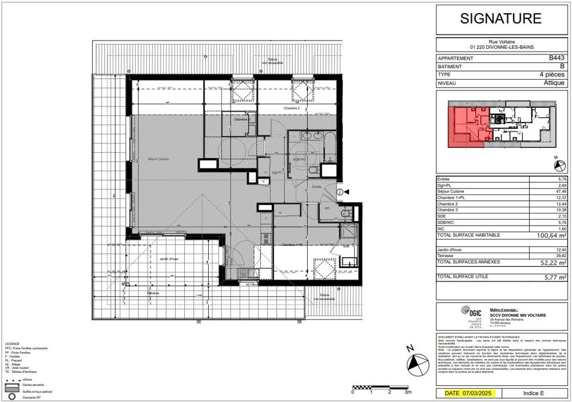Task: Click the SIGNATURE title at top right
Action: [x=500, y=18]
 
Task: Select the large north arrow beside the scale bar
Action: [x=416, y=363]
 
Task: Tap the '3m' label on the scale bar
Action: [x=408, y=392]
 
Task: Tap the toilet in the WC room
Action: [x=345, y=212]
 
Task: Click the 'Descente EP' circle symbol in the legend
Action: [x=10, y=397]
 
